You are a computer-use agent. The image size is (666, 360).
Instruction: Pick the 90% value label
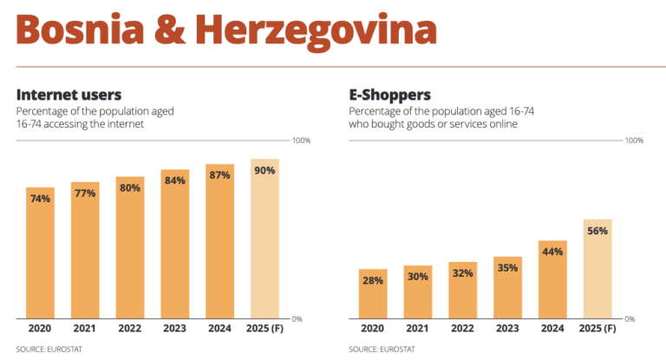point(264,171)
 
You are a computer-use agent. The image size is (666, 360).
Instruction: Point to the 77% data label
point(85,193)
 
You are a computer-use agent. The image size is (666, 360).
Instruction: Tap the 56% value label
point(597,231)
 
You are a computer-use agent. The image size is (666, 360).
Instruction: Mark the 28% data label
point(373,280)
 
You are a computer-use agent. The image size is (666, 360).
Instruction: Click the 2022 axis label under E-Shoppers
point(462,329)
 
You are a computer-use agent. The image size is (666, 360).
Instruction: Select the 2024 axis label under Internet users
point(219,329)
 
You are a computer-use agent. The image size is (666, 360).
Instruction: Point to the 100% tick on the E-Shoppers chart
point(634,140)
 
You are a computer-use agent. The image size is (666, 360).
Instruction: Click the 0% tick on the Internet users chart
point(296,318)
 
